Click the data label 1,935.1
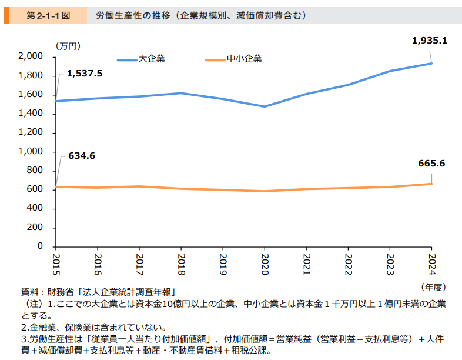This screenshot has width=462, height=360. (x=429, y=41)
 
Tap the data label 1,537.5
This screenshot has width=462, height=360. (x=85, y=74)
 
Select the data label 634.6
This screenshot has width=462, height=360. (x=82, y=156)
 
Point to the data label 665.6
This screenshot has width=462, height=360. (x=431, y=164)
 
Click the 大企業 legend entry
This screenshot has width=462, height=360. (x=141, y=59)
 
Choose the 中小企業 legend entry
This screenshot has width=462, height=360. (x=233, y=59)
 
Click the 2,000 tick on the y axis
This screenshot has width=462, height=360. (x=31, y=56)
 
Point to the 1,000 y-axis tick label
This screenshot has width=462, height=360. (x=31, y=151)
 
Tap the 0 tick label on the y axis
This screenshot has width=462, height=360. (x=40, y=246)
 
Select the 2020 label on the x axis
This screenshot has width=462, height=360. (x=265, y=265)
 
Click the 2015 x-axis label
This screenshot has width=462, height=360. (x=56, y=265)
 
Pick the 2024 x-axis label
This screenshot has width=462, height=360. (x=431, y=265)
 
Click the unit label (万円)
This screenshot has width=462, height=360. (x=68, y=46)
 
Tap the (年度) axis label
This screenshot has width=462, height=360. (x=433, y=287)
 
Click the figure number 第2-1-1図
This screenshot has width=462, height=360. (x=48, y=15)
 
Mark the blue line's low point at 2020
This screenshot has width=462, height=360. (x=265, y=106)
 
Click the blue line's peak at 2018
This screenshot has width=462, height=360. (x=181, y=93)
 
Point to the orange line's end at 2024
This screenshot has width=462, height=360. (x=431, y=184)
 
